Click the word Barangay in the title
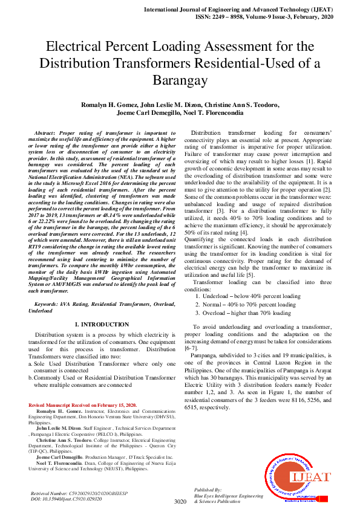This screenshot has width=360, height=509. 180,80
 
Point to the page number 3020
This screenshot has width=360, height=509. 180,501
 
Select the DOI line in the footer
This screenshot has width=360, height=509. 67,499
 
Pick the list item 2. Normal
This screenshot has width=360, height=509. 245,305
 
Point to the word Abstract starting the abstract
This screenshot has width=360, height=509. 45,132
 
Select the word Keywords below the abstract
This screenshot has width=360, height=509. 46,303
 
